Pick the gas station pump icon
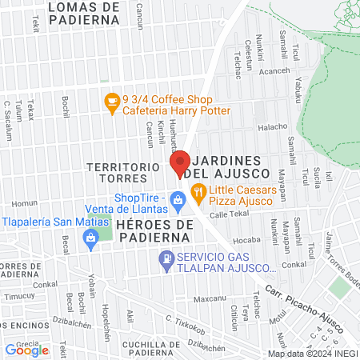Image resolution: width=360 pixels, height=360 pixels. pyautogui.click(x=166, y=258)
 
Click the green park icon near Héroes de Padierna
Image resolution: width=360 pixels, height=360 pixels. pyautogui.click(x=90, y=238)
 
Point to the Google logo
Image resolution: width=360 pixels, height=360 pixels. pyautogui.click(x=26, y=349)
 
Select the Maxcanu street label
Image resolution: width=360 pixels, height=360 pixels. pyautogui.click(x=210, y=299)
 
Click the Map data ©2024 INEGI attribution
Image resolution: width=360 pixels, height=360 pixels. pyautogui.click(x=312, y=353)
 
